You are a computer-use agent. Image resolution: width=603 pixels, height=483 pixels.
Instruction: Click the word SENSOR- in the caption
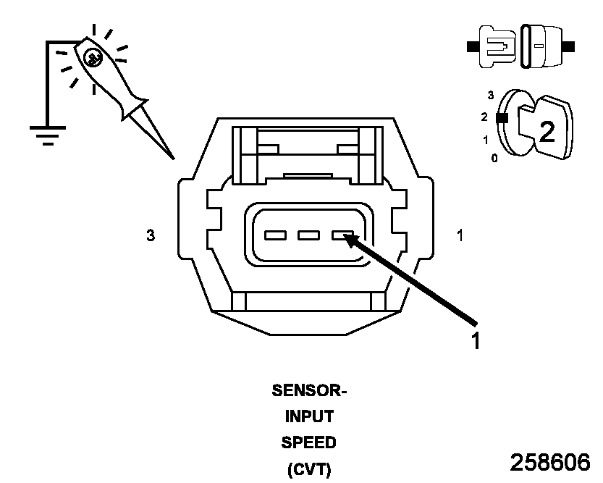tap(309, 392)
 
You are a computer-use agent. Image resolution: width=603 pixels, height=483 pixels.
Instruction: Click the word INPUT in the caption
tap(309, 416)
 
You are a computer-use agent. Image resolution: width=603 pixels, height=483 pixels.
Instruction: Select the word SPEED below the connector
tap(309, 442)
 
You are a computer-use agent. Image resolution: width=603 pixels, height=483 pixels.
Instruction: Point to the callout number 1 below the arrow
tap(476, 340)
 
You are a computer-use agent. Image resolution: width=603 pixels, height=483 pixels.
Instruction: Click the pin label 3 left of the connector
tap(151, 235)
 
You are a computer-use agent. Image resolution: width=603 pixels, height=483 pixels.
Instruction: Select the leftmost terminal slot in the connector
tap(275, 235)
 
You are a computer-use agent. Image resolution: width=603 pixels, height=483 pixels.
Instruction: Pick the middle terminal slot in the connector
tap(309, 235)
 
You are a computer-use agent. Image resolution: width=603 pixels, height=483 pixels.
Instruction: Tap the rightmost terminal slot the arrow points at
tap(342, 235)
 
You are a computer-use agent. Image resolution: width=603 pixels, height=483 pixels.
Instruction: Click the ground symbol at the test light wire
tap(48, 135)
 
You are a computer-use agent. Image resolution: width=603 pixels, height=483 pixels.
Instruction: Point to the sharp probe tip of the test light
tap(172, 156)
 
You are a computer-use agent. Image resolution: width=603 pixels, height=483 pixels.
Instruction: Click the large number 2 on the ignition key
tap(547, 131)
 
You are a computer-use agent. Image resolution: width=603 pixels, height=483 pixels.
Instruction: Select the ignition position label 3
tap(491, 95)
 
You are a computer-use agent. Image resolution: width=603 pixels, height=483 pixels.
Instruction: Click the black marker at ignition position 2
tap(501, 117)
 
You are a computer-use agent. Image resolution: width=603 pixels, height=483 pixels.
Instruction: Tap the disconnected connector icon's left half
tap(494, 47)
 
